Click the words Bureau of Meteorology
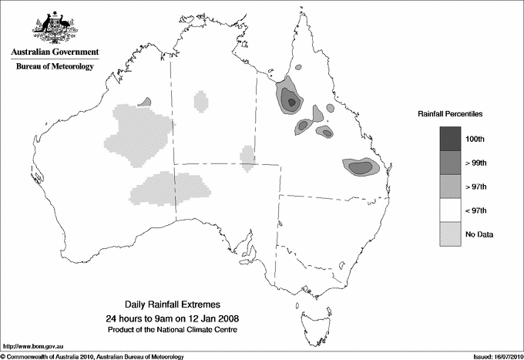pyautogui.click(x=55, y=67)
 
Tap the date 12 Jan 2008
pyautogui.click(x=203, y=318)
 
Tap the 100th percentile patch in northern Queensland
pyautogui.click(x=291, y=100)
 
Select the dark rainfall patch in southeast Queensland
pyautogui.click(x=359, y=167)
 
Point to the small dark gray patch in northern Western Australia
pyautogui.click(x=144, y=101)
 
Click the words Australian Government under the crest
pyautogui.click(x=55, y=52)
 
